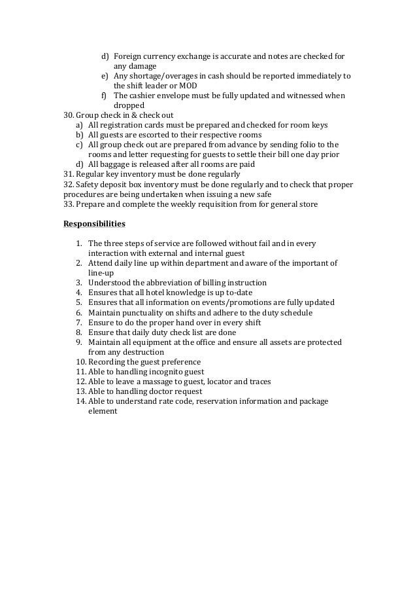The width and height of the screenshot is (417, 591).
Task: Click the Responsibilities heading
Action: [x=94, y=224]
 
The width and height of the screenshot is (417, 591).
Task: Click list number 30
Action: [x=68, y=115]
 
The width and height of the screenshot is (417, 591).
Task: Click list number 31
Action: [x=68, y=174]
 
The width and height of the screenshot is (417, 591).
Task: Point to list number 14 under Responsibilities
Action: [x=80, y=401]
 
